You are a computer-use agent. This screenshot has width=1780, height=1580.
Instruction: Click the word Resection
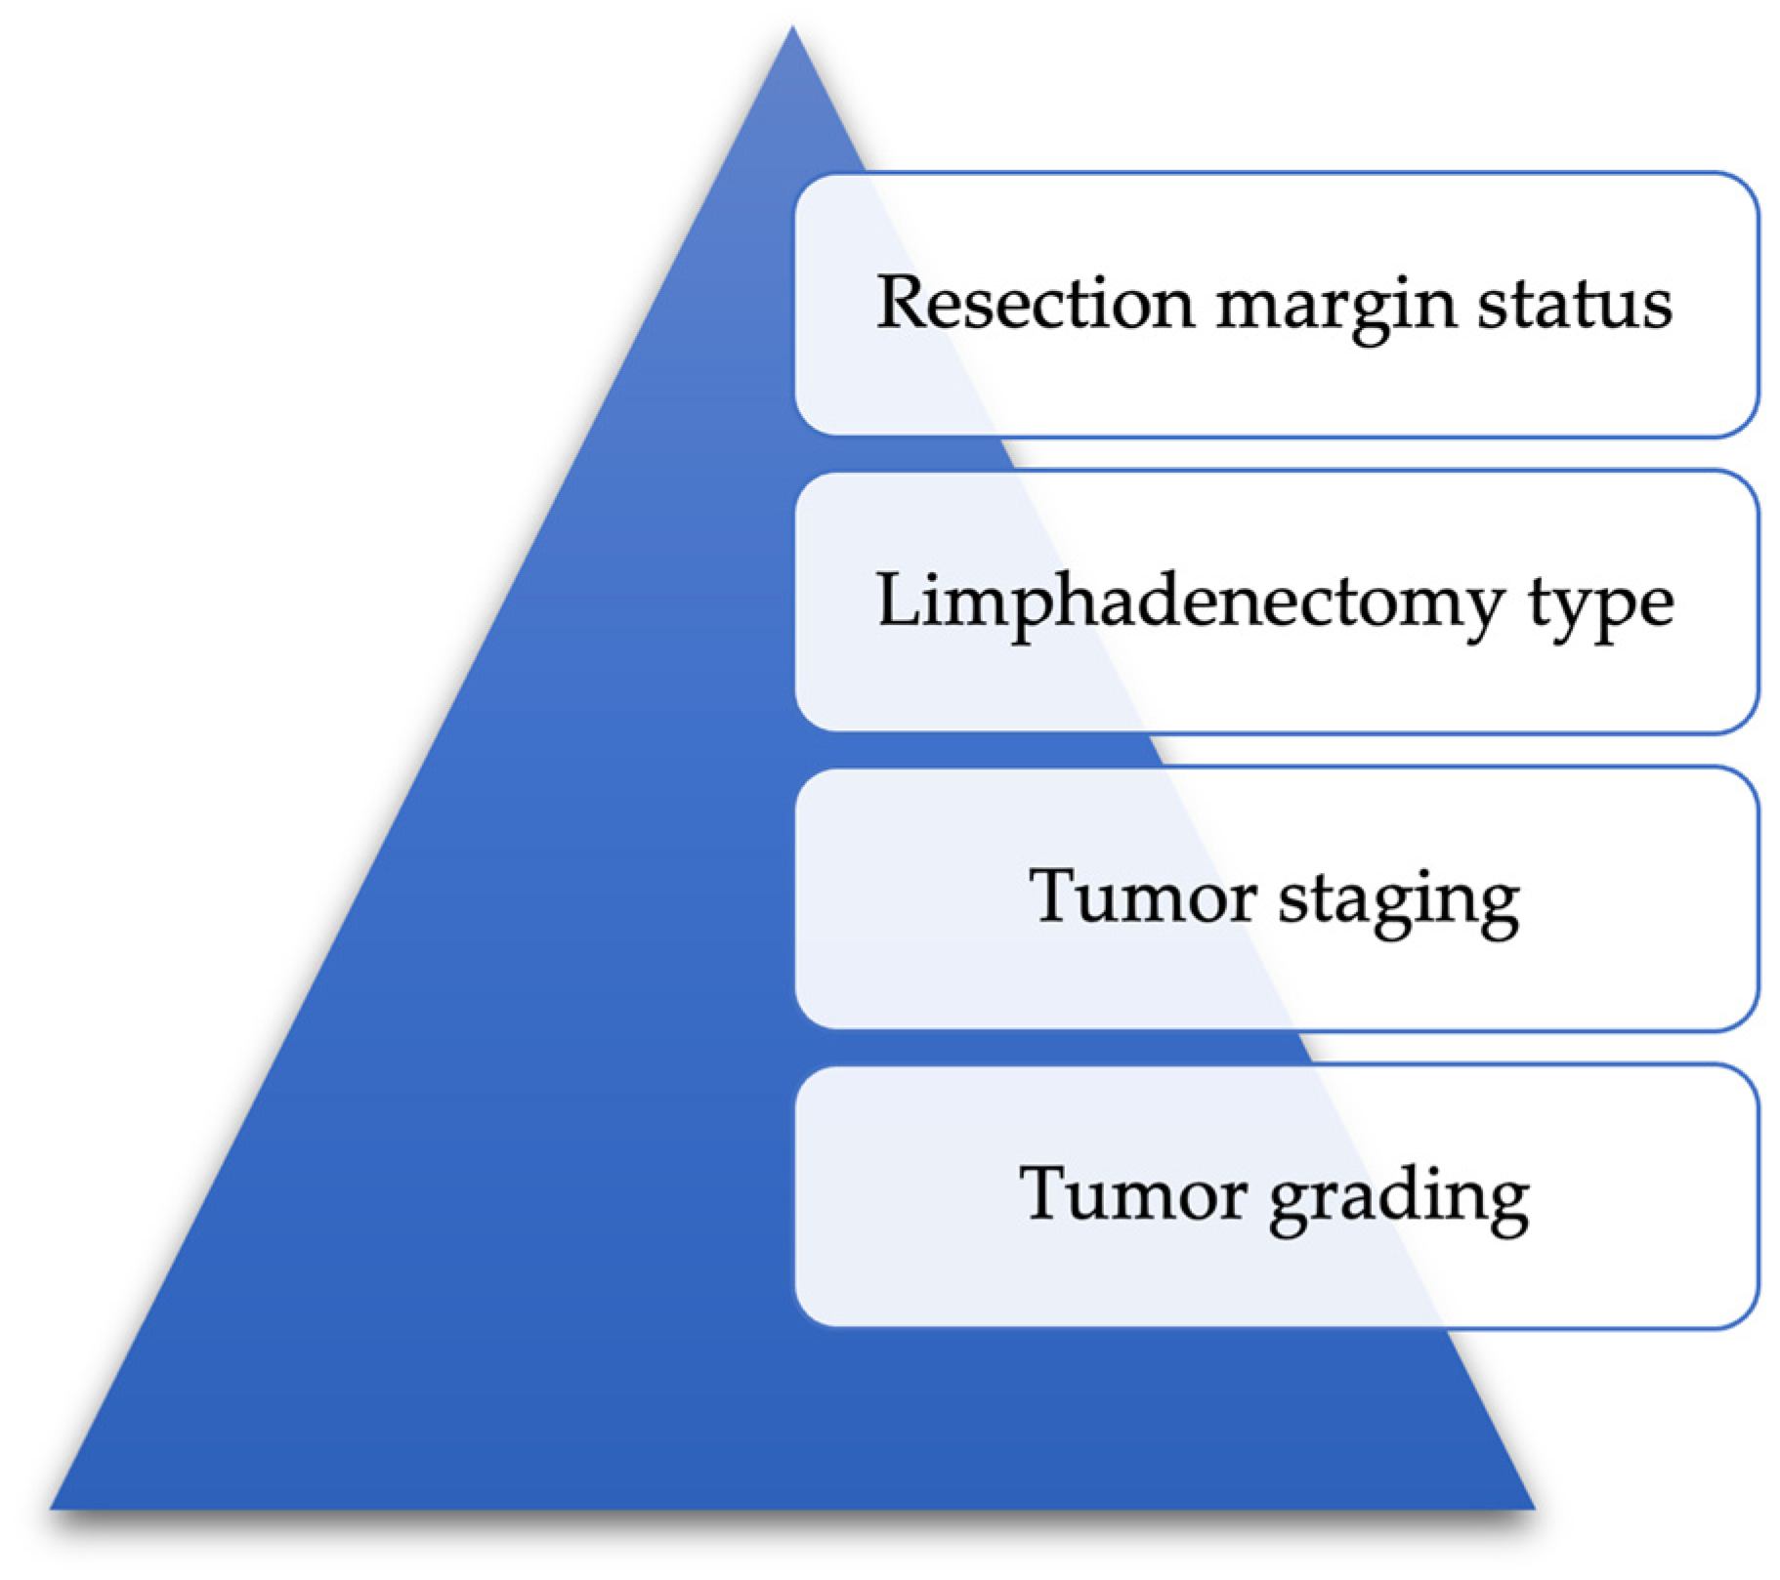1036,303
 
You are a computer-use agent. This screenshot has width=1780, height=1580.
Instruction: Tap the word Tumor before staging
1143,895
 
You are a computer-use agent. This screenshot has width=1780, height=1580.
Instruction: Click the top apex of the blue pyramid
792,26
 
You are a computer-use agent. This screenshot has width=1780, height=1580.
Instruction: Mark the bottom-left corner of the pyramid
51,1509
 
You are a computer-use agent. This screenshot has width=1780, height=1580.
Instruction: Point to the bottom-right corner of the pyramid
1535,1509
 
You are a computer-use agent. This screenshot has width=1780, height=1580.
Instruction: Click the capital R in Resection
900,303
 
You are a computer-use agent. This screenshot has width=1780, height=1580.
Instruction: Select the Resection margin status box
1277,305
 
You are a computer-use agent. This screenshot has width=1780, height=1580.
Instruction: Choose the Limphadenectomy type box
1277,602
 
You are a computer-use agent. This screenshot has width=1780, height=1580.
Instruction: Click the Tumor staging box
1277,898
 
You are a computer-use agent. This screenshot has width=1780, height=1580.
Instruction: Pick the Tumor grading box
1277,1196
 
